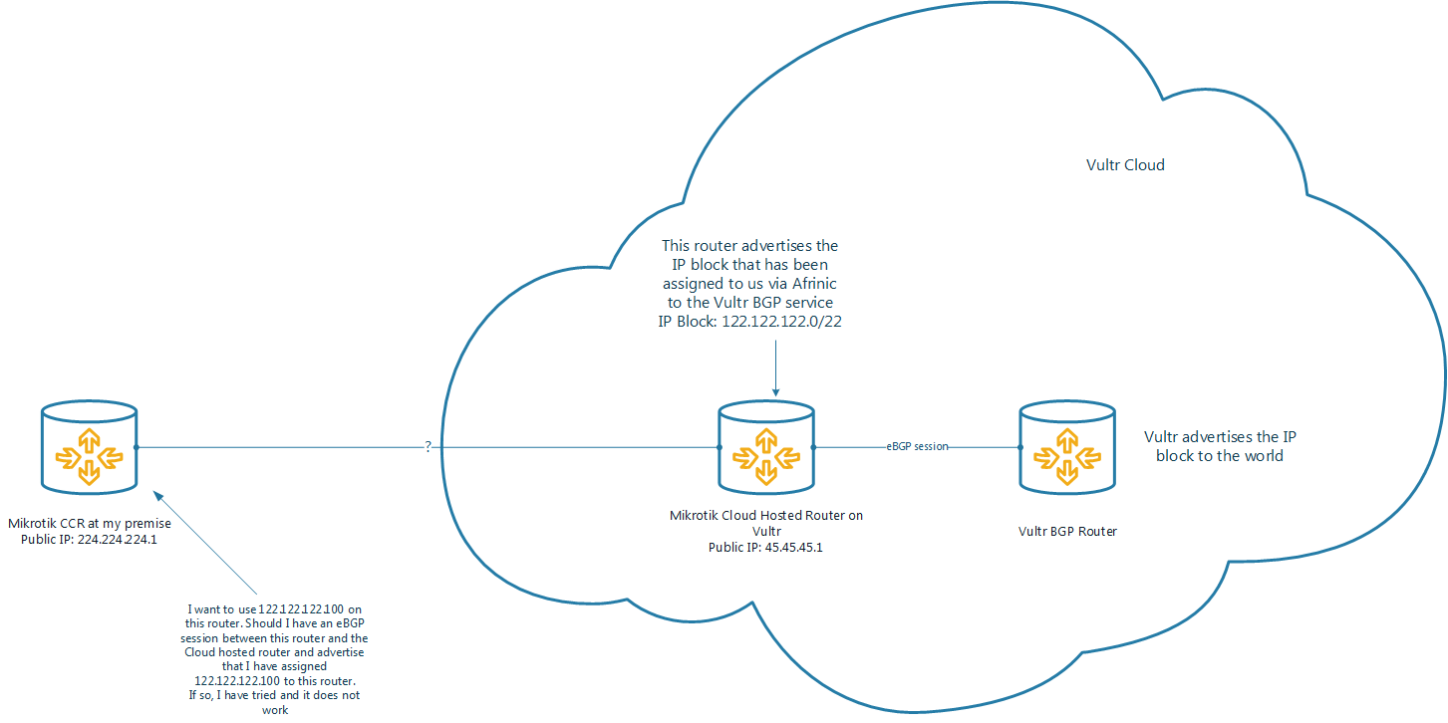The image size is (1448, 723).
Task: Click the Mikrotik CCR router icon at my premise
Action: coord(89,447)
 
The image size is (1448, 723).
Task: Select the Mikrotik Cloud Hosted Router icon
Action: coord(766,447)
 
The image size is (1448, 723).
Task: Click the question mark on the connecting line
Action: coord(429,447)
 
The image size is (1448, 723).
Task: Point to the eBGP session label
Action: coord(917,447)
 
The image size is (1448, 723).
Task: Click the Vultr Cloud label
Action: coord(1125,165)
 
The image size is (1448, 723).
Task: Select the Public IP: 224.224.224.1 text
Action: coord(89,540)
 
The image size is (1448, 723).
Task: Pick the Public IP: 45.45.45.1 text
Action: coord(765,547)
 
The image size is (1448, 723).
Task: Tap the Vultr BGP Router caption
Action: coord(1067,532)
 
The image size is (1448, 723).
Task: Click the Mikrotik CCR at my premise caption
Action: coord(89,524)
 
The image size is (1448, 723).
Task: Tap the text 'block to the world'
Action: coord(1220,456)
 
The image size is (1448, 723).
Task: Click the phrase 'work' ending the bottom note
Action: coord(274,710)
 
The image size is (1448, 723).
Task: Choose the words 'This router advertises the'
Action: coord(750,245)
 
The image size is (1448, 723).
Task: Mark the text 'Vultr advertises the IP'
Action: coord(1220,437)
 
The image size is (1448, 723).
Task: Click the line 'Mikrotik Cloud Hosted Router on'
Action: coord(765,516)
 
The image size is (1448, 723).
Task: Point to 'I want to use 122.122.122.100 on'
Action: coord(274,608)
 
